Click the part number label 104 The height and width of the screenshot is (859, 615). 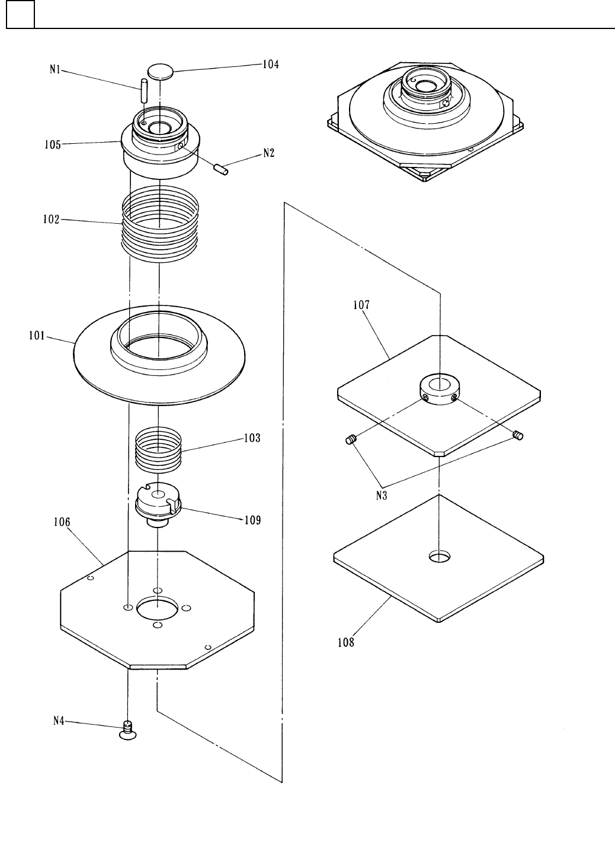(x=271, y=65)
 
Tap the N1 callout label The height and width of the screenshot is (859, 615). (x=55, y=69)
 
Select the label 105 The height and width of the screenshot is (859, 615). (x=53, y=144)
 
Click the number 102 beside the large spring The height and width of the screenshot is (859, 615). (x=52, y=219)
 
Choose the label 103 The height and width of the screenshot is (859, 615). (x=252, y=439)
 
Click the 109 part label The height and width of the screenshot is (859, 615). (x=252, y=520)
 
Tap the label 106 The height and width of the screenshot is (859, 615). (x=62, y=522)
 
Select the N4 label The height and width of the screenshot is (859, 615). (x=58, y=721)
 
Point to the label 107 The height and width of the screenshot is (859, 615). (x=361, y=305)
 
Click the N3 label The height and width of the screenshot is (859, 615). (x=382, y=496)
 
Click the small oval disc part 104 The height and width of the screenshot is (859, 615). (x=161, y=72)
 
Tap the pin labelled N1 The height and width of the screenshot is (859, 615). (x=143, y=91)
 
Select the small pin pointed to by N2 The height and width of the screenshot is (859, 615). (x=222, y=170)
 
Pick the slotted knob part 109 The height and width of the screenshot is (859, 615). (x=158, y=503)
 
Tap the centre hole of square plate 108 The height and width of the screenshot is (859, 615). (x=439, y=556)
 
